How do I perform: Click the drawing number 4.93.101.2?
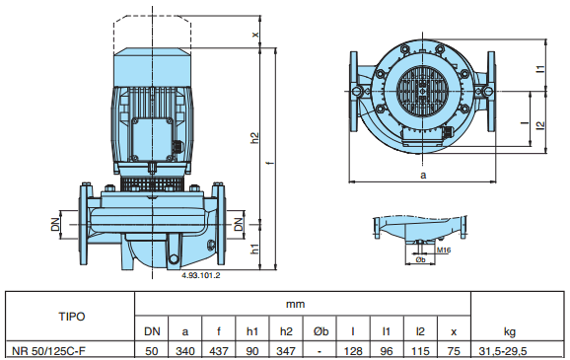tap(200, 275)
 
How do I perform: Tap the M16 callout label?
tap(444, 251)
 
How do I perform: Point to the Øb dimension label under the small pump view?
tap(420, 259)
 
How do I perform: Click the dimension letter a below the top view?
tap(423, 176)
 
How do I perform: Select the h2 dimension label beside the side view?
tap(255, 138)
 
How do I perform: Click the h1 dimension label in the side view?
tap(255, 249)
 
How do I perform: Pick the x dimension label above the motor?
tap(256, 35)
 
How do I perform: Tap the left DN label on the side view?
tap(55, 224)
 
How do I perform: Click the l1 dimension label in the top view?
tap(541, 68)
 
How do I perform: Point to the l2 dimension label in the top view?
tap(541, 124)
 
